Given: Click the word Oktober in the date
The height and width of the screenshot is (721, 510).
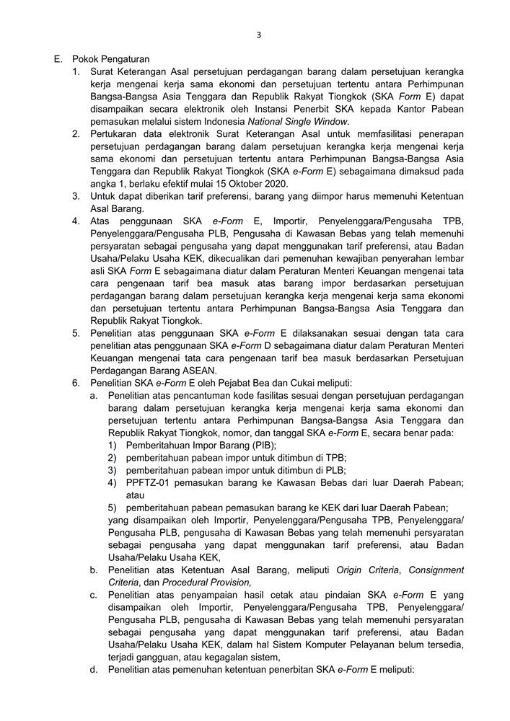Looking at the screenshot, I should [x=234, y=184].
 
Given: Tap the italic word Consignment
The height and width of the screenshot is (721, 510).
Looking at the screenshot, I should [x=436, y=570].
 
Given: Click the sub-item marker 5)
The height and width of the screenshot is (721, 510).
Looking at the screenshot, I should [x=113, y=508].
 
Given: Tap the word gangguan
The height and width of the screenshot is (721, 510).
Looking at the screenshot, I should [x=165, y=657].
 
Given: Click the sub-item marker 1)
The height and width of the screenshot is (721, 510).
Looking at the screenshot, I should [x=113, y=446].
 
